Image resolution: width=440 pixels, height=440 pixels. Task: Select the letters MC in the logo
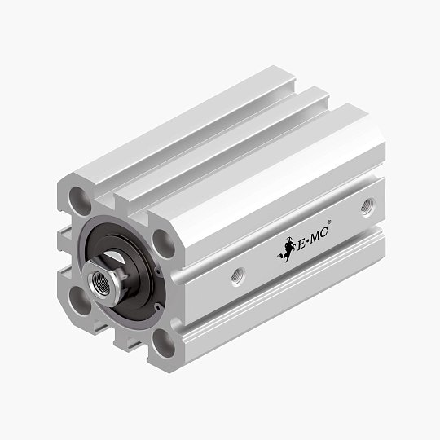318,228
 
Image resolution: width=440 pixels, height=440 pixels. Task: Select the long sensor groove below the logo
285,281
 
